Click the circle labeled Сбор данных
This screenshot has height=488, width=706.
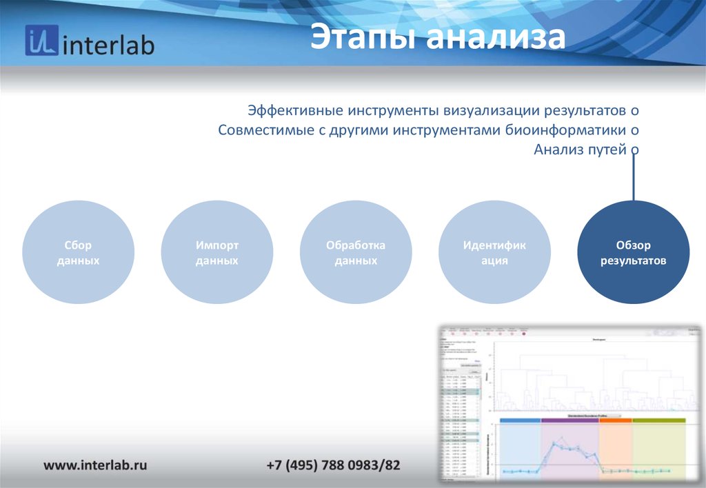coord(78,252)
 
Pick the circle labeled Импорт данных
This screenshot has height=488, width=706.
coord(216,252)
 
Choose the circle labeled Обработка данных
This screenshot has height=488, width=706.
coord(356,252)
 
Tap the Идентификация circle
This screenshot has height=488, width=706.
coord(494,252)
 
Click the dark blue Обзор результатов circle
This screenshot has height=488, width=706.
coord(633,252)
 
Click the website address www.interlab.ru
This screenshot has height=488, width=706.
coord(96,465)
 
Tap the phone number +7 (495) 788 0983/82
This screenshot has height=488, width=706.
coord(333,465)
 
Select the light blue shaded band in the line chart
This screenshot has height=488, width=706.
coord(520,448)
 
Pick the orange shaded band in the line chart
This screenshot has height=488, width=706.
coord(616,448)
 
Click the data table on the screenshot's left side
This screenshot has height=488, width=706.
coord(459,420)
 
